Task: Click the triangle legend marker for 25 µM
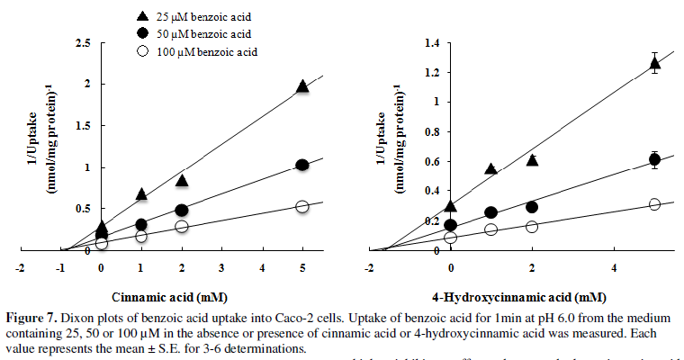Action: pos(142,16)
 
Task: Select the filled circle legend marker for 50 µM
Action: pos(142,34)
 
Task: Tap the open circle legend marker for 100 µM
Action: pos(142,52)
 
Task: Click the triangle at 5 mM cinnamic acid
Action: pos(302,86)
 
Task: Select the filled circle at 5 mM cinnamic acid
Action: pos(302,165)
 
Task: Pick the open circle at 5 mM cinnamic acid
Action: pos(302,206)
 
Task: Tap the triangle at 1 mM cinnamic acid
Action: pos(141,194)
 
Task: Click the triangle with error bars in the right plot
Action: pos(655,63)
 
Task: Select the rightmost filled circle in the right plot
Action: pos(655,159)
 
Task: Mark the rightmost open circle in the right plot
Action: pos(655,204)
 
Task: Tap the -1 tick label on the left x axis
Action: pos(59,267)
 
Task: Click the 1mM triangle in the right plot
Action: pos(490,169)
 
